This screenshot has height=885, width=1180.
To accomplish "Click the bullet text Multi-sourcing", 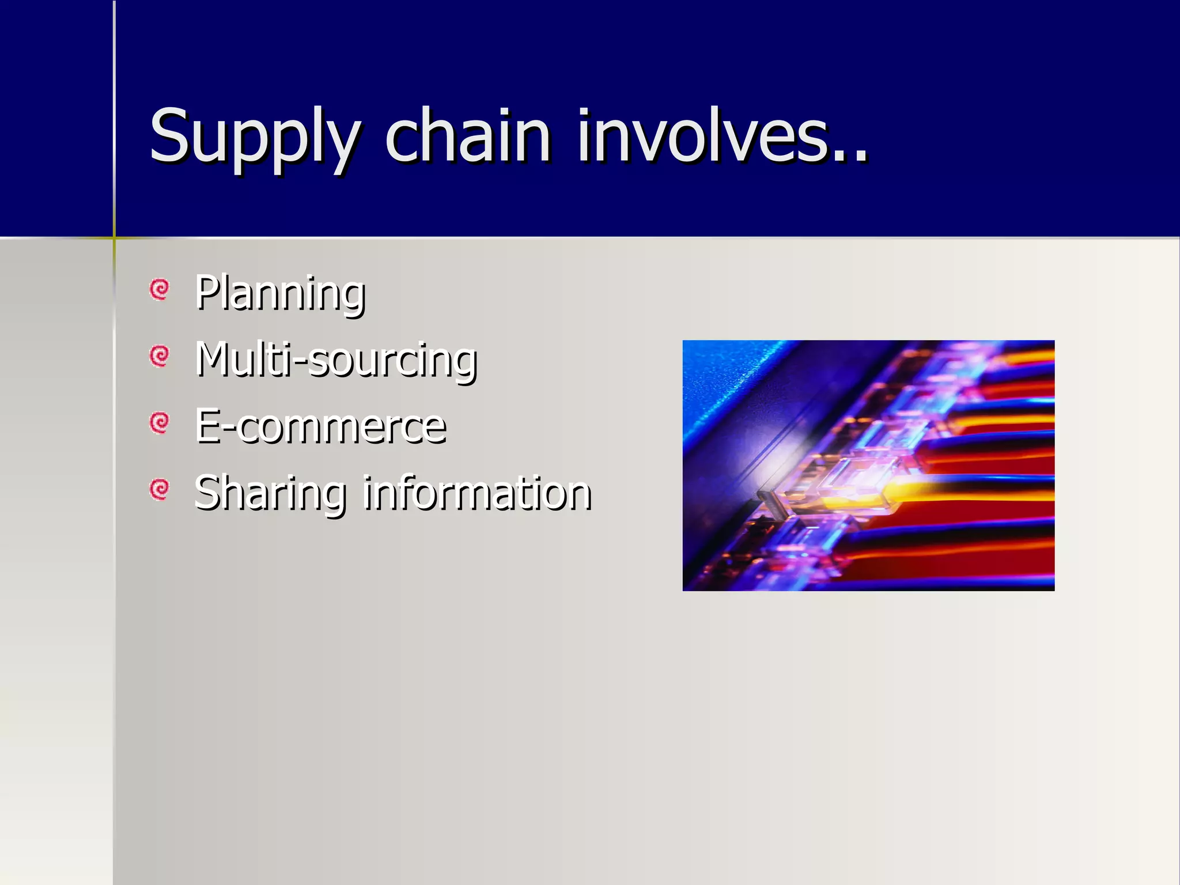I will coord(336,360).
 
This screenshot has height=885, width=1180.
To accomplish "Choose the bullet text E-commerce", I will coord(320,426).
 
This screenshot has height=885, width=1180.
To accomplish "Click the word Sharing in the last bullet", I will coord(270,493).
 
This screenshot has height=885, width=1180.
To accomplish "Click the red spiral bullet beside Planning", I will coord(159,289).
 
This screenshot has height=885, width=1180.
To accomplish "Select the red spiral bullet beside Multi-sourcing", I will coord(159,355).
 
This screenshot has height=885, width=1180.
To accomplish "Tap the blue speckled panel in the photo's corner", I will coord(714,375).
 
